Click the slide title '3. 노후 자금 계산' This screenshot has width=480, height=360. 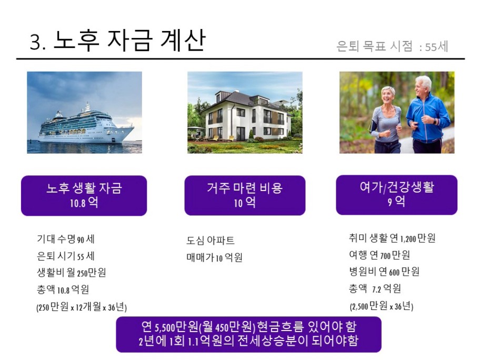pos(117,41)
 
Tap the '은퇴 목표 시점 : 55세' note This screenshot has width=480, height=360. pos(392,46)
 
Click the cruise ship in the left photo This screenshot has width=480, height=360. pos(86,125)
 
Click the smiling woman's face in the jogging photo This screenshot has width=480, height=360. pos(388,95)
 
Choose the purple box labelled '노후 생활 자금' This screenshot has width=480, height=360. pos(84,196)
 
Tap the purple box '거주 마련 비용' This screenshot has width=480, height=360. pos(245,196)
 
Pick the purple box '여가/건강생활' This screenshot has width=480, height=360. pos(397,195)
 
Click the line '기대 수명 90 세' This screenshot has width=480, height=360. pos(66,239)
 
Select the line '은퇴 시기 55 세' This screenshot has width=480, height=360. pos(66,256)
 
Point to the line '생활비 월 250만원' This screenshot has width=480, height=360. pos(72,273)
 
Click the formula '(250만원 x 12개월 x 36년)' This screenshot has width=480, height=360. pos(82,307)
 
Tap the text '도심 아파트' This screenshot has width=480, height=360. pos(211,241)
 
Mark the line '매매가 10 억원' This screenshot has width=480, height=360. pos(215,257)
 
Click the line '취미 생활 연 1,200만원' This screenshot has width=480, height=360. pos(392,238)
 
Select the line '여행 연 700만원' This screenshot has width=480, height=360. pos(379,255)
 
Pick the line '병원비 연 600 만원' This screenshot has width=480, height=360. pos(384,272)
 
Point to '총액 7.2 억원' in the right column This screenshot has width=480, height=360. pos(375,288)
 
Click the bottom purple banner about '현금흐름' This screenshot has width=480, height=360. pos(248,334)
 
